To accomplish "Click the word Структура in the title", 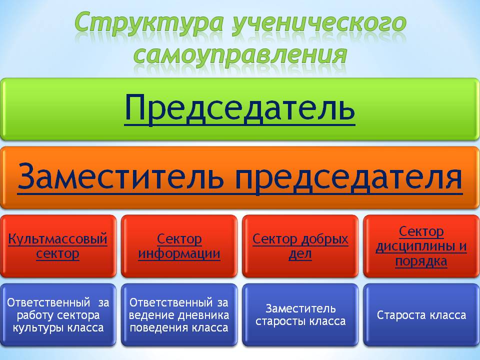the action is coord(149,23).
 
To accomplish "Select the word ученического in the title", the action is coord(319,23).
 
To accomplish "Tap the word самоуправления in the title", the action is coord(240,55).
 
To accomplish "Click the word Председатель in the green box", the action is coord(239,108).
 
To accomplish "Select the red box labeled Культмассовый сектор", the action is coord(58,246).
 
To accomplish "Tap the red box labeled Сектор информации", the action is coord(179,246).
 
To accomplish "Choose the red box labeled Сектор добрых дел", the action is coord(300,246).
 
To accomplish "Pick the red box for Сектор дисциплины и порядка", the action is coord(421,246).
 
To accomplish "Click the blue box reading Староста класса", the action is coord(421,315).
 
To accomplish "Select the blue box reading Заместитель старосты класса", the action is coord(300,315).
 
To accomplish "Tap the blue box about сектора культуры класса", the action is coord(58,315).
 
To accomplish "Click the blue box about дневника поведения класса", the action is coord(179,315).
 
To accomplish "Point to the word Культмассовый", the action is coord(57,239).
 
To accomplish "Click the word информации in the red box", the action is coord(179,254).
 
